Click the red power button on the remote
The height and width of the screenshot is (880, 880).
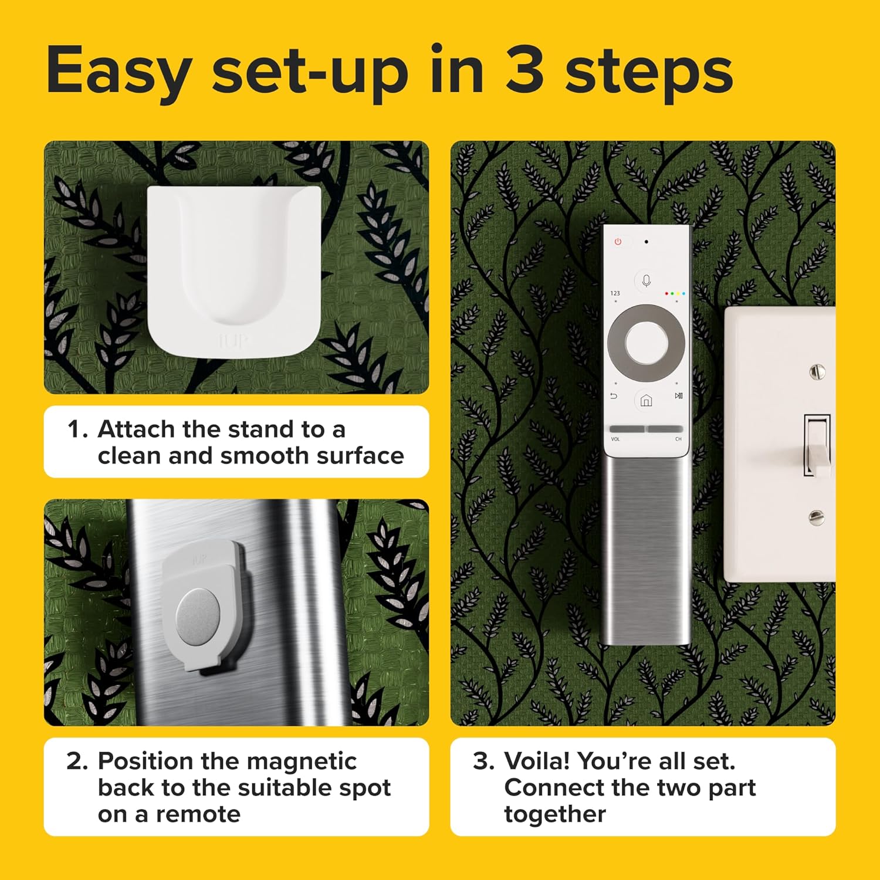click(x=618, y=242)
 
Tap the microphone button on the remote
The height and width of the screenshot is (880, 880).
click(x=646, y=281)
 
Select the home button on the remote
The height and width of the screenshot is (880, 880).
click(x=646, y=401)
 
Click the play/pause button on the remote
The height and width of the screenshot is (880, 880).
click(x=678, y=396)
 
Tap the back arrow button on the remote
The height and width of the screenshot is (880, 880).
click(x=614, y=397)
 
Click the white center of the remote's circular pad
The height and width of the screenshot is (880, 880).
click(x=646, y=343)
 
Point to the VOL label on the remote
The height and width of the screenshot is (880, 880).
click(x=615, y=439)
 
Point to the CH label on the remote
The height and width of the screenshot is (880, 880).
click(x=678, y=439)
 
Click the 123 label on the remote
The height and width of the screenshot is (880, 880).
click(x=615, y=293)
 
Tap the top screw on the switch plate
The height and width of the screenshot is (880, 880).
click(x=817, y=371)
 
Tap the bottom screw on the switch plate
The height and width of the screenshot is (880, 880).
click(x=816, y=517)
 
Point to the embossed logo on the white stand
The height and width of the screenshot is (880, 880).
click(x=233, y=340)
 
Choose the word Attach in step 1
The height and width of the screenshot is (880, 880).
click(x=137, y=429)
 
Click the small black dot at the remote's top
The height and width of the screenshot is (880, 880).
click(x=646, y=241)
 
